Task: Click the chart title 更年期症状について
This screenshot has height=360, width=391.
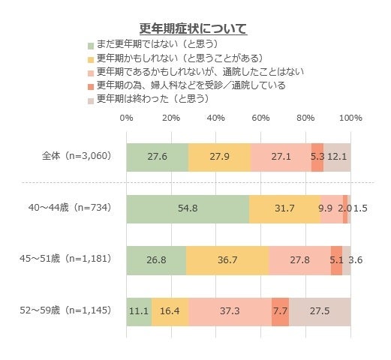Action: (194, 29)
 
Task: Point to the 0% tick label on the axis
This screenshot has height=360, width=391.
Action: (126, 118)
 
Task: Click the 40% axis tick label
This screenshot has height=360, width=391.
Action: (216, 118)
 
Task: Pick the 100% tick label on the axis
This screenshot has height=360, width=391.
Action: (350, 118)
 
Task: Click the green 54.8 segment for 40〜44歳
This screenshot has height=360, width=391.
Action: (188, 208)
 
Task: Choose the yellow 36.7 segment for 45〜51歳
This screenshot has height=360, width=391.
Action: (227, 260)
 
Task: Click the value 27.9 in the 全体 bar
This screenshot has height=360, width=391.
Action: (219, 157)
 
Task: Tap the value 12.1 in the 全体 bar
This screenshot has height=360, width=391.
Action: (336, 157)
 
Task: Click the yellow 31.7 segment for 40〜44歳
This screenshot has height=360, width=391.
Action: (284, 208)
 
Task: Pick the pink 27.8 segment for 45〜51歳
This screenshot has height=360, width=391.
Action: (299, 260)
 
